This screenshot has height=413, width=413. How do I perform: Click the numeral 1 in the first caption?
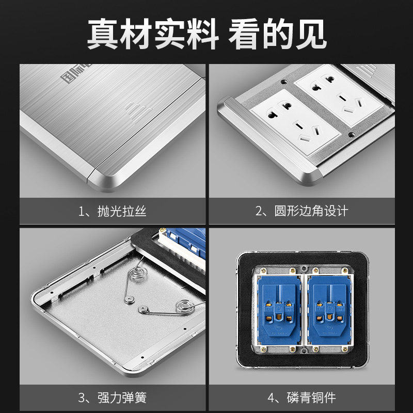pos(82,211)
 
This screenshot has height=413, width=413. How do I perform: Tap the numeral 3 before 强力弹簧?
pos(82,398)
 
